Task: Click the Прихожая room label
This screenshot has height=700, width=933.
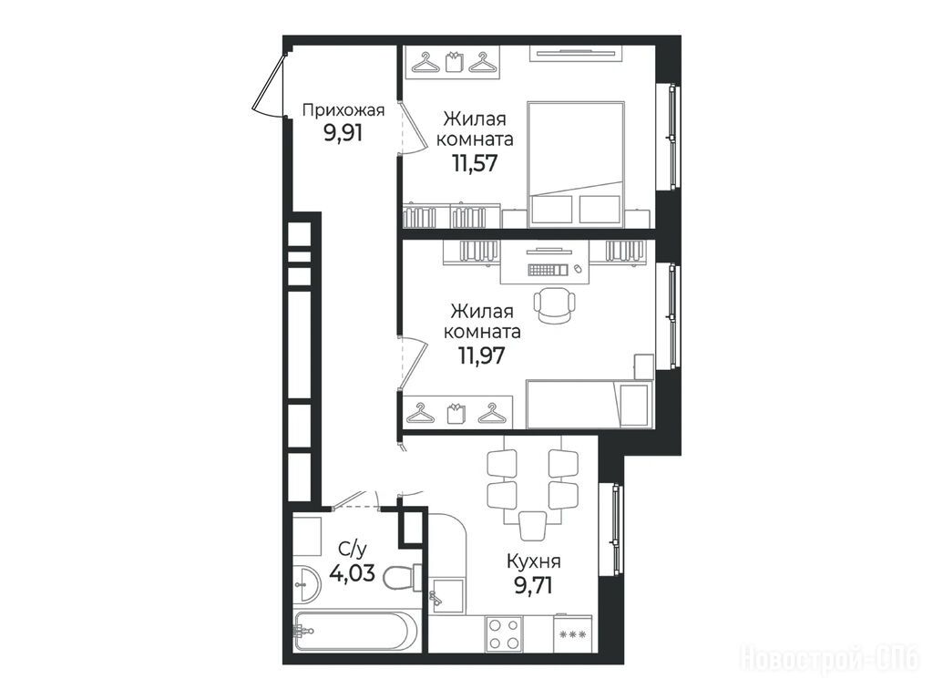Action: tap(343, 110)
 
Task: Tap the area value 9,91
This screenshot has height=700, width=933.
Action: tap(343, 133)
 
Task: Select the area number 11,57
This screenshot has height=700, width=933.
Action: tap(474, 162)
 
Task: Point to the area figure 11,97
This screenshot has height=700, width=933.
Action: tap(481, 355)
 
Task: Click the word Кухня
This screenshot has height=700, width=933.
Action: tap(533, 561)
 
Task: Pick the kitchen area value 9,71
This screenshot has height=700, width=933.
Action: tap(533, 586)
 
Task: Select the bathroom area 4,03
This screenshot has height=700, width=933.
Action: tap(352, 573)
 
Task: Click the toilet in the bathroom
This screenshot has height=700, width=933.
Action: tap(403, 577)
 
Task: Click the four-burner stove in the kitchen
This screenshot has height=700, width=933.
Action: tap(503, 633)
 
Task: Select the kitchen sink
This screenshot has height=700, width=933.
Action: tap(446, 595)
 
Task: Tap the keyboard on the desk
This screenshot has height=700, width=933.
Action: tap(548, 270)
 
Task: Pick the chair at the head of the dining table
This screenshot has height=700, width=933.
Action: tap(532, 526)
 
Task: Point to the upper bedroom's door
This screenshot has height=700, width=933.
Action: tap(409, 128)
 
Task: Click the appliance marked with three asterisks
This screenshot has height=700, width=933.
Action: tap(572, 634)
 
